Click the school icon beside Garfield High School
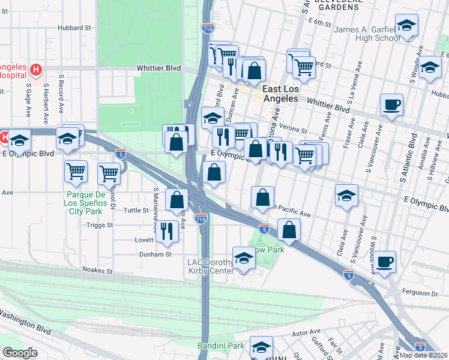tap(406, 26)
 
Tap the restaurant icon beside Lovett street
tap(167, 230)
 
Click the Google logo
tap(20, 353)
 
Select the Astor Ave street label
tap(304, 331)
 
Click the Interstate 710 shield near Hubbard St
tap(205, 28)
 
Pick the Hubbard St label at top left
tap(74, 28)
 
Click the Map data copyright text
tap(424, 355)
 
